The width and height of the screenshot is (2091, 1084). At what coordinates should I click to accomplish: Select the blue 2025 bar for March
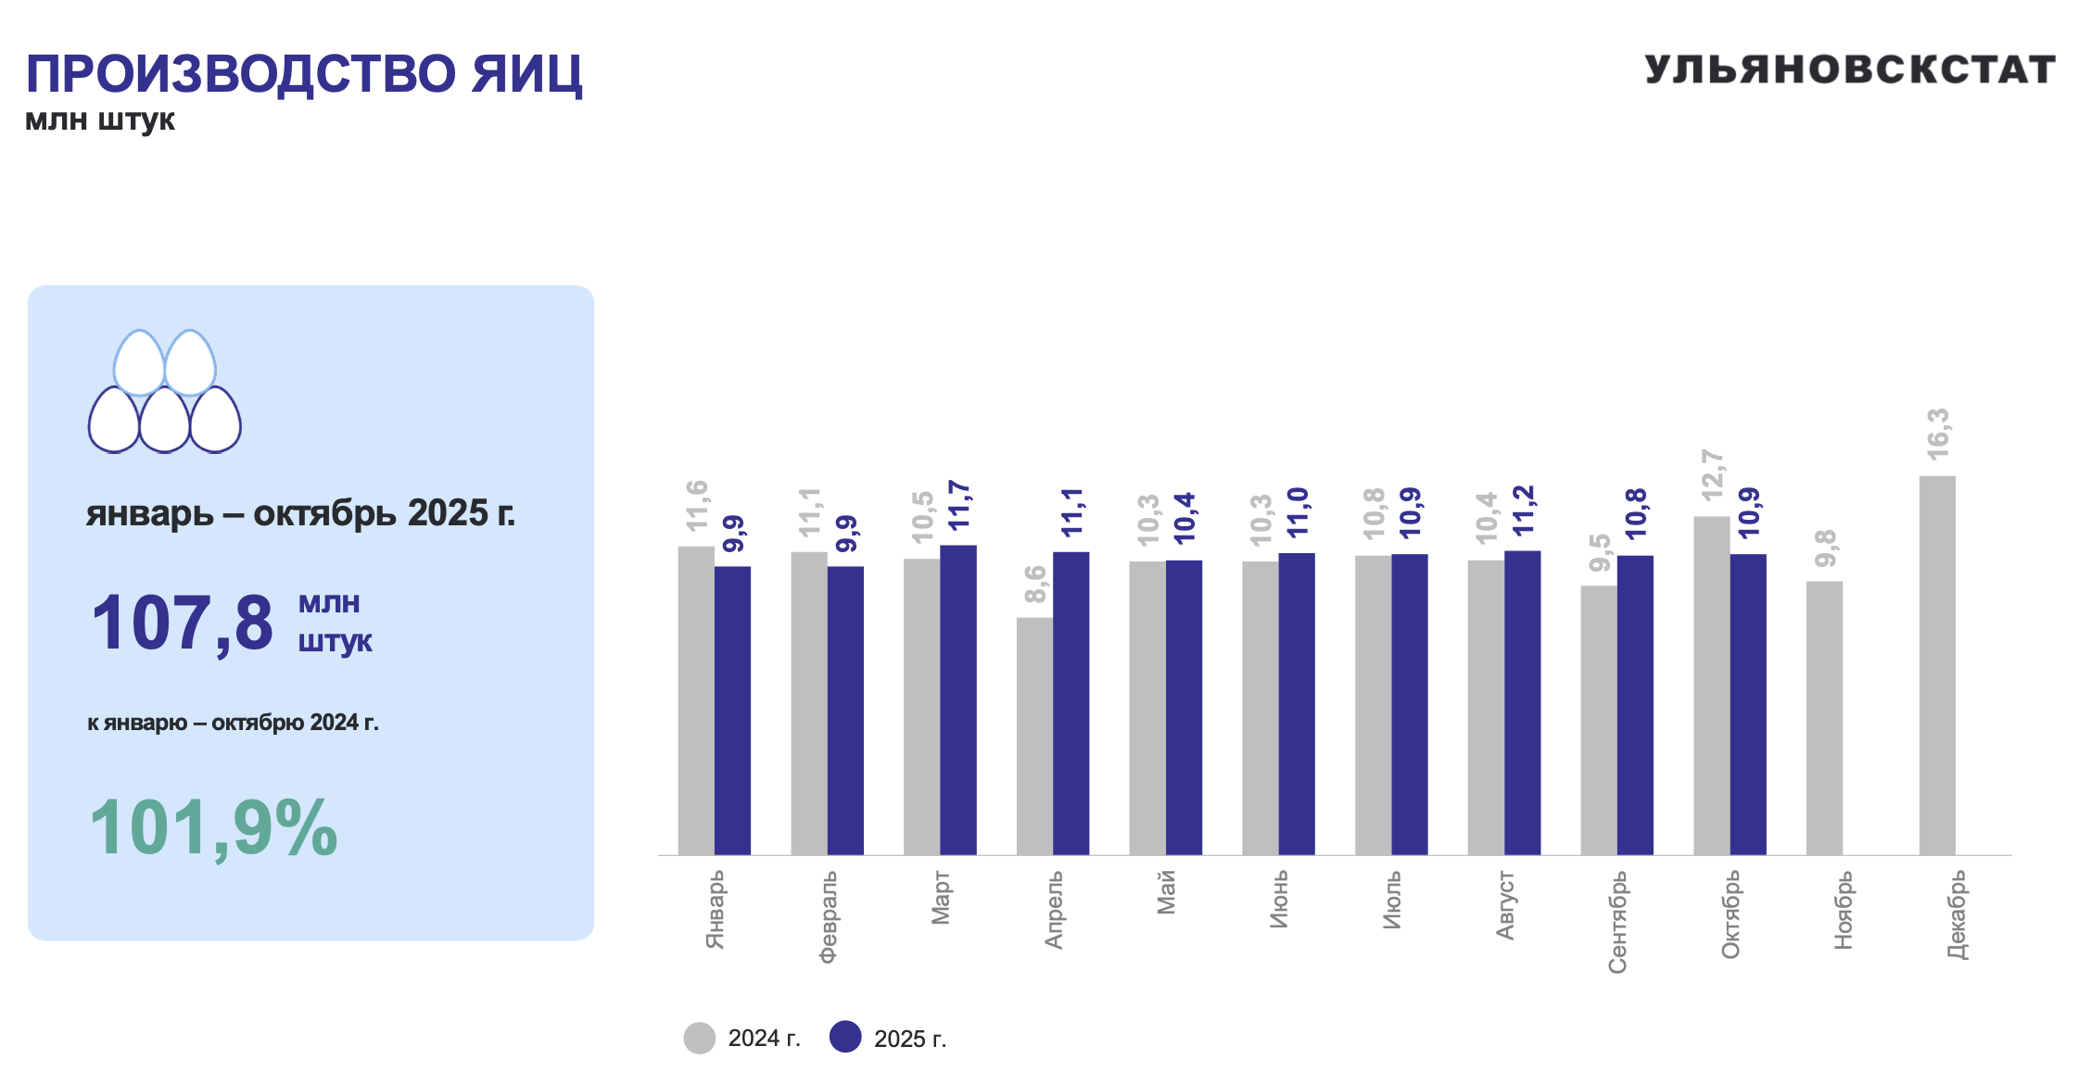(x=958, y=700)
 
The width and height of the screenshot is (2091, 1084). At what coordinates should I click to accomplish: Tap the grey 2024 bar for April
(x=1034, y=736)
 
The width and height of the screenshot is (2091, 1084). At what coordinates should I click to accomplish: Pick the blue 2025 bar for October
(x=1748, y=704)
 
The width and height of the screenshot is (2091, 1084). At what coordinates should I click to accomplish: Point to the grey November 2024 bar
(x=1824, y=718)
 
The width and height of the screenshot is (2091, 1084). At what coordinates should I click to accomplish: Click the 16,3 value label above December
(x=1938, y=434)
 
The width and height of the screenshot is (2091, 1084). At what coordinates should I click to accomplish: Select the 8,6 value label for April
(x=1035, y=584)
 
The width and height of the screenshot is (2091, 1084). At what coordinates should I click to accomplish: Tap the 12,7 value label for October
(x=1712, y=475)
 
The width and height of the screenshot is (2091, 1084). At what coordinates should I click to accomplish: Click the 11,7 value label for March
(x=959, y=506)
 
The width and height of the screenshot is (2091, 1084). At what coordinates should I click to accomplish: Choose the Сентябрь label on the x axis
(x=1617, y=922)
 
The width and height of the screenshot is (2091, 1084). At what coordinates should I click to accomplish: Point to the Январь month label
(x=715, y=910)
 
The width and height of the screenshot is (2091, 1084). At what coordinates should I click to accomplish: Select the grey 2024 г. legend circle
(x=700, y=1038)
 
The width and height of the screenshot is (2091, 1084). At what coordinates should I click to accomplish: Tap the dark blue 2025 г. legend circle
(x=845, y=1038)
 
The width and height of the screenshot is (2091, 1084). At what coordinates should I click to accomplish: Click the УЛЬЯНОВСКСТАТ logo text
(x=1850, y=70)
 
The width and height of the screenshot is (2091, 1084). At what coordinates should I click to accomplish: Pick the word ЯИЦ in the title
(x=526, y=74)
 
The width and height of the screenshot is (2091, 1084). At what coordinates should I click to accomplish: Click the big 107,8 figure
(x=183, y=623)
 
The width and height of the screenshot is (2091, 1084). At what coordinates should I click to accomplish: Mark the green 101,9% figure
(x=213, y=827)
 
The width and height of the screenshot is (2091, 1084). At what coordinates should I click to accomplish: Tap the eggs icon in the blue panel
(x=165, y=391)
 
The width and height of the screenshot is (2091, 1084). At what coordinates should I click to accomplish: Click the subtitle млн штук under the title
(x=100, y=120)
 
